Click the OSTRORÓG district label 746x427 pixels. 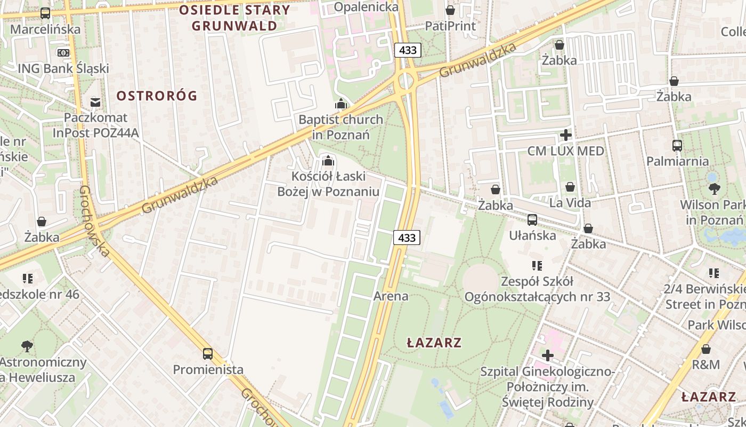coord(157,96)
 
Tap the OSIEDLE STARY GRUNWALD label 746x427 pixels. coord(234,18)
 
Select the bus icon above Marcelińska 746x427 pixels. coord(45,13)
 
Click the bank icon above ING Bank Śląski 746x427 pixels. coord(63,53)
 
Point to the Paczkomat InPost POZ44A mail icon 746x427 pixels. coord(95,102)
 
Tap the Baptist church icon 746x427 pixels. coord(341,104)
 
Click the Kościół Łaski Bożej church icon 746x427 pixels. coord(328,161)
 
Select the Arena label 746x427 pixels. coord(391,296)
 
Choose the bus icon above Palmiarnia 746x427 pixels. coord(677,145)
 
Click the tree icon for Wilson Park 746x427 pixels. coord(714,188)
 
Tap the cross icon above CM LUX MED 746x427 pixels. coord(566,135)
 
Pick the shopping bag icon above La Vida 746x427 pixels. coord(570,187)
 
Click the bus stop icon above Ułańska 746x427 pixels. coord(532,219)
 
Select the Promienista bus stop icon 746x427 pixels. coord(208,353)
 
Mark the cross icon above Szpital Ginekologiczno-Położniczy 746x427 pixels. coord(548,355)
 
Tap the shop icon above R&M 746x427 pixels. coord(706,349)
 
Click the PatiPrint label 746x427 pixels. coord(450,26)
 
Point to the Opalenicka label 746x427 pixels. coord(367,7)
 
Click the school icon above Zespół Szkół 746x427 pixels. coord(537,265)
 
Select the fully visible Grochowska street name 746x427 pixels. coord(94,221)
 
